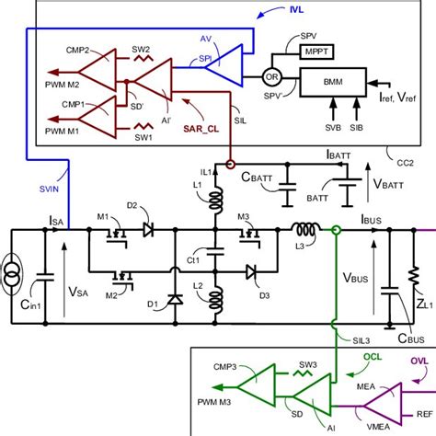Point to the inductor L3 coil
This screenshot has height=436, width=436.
pyautogui.click(x=305, y=230)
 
